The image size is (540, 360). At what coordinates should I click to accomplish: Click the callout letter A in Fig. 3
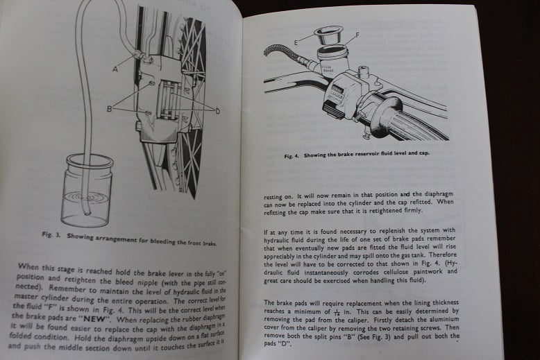coord(115,69)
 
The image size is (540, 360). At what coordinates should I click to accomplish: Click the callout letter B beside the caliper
coord(110,109)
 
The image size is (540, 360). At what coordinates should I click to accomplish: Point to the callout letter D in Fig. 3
coord(217,111)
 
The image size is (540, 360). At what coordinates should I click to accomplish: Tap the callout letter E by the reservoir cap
coord(296,43)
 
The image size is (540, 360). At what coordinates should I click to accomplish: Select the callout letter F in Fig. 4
coord(357,35)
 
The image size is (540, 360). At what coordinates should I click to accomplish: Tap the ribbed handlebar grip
coord(416,121)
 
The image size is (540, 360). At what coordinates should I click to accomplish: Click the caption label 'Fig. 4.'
coord(292,156)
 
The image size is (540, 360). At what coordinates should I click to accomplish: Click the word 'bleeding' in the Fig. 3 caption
coord(162,241)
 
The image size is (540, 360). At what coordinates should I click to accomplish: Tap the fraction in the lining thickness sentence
coord(337,312)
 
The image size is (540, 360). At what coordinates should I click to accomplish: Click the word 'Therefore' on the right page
coord(443,255)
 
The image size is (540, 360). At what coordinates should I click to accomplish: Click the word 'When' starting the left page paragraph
coord(28,266)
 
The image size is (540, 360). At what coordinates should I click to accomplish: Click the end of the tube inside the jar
coord(88,213)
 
